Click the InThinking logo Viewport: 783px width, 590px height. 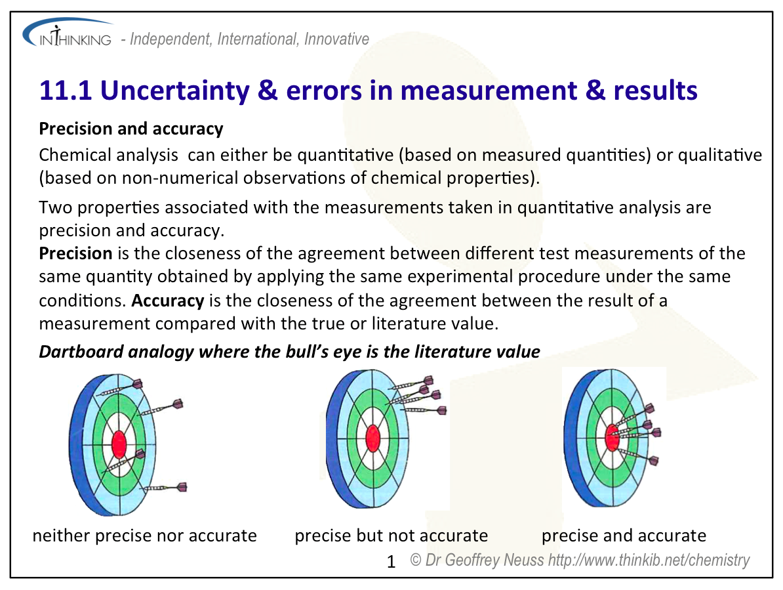pyautogui.click(x=68, y=33)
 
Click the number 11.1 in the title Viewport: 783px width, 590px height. pyautogui.click(x=66, y=91)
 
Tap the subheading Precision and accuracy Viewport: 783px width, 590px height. pyautogui.click(x=131, y=129)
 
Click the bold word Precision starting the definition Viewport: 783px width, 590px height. pyautogui.click(x=75, y=253)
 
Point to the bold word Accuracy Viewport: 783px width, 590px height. pyautogui.click(x=168, y=301)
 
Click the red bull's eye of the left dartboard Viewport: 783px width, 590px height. pyautogui.click(x=119, y=444)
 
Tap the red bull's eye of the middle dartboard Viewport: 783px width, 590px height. pyautogui.click(x=372, y=438)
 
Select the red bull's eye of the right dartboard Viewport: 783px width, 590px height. pyautogui.click(x=612, y=437)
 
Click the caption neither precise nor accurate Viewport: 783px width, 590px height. pyautogui.click(x=144, y=536)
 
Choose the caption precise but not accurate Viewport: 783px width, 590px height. pyautogui.click(x=391, y=536)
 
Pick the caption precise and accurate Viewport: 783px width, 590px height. pyautogui.click(x=624, y=536)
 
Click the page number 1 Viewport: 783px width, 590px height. pyautogui.click(x=391, y=562)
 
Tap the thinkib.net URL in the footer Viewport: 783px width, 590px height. pyautogui.click(x=649, y=560)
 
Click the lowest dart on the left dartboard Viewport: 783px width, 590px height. pyautogui.click(x=165, y=487)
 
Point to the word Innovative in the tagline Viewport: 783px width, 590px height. pyautogui.click(x=336, y=39)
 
